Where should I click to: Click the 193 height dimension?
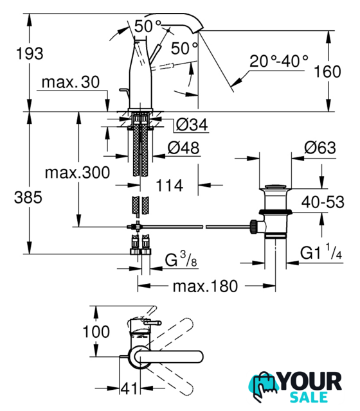pyautogui.click(x=30, y=53)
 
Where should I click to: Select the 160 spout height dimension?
pyautogui.click(x=327, y=71)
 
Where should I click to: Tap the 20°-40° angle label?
pyautogui.click(x=278, y=61)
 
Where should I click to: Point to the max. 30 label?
pyautogui.click(x=71, y=82)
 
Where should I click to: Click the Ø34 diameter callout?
pyautogui.click(x=192, y=125)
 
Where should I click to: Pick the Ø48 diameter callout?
pyautogui.click(x=183, y=148)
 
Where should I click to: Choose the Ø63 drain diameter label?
pyautogui.click(x=320, y=148)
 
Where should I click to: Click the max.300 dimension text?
pyautogui.click(x=77, y=173)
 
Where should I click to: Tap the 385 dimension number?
pyautogui.click(x=28, y=197)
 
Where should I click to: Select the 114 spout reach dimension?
pyautogui.click(x=170, y=186)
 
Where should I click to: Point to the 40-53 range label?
pyautogui.click(x=323, y=202)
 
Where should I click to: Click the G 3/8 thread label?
pyautogui.click(x=181, y=259)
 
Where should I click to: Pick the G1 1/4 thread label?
pyautogui.click(x=321, y=252)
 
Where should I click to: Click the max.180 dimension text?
pyautogui.click(x=205, y=286)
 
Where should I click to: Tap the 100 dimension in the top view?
pyautogui.click(x=96, y=331)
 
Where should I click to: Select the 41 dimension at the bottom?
pyautogui.click(x=129, y=388)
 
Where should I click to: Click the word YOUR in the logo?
pyautogui.click(x=310, y=381)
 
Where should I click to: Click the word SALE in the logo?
pyautogui.click(x=309, y=397)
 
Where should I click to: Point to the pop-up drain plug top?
pyautogui.click(x=275, y=187)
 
